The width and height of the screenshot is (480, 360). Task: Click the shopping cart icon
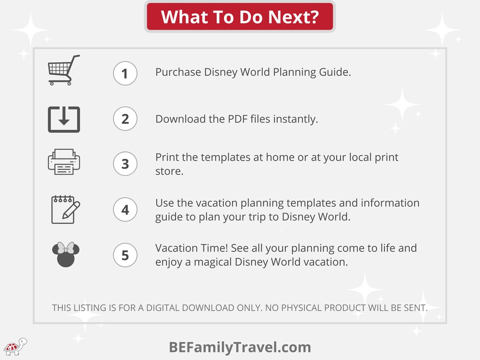[64, 70]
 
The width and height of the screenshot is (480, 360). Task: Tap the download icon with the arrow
[64, 119]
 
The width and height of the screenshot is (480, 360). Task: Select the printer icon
[64, 162]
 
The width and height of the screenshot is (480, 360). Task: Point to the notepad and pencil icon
[64, 209]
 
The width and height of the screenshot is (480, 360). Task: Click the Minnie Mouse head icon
[65, 254]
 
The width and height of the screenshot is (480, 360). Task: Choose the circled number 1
[125, 74]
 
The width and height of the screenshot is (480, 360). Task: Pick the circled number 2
[125, 119]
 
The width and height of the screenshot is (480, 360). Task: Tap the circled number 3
[125, 163]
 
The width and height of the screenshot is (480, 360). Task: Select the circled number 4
[125, 209]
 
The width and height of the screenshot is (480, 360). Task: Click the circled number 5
[125, 255]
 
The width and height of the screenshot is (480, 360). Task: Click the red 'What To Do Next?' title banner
[240, 17]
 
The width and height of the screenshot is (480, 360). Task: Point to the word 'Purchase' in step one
[178, 72]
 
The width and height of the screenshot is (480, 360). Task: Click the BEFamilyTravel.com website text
[240, 347]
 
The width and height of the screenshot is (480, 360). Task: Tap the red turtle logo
[14, 347]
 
